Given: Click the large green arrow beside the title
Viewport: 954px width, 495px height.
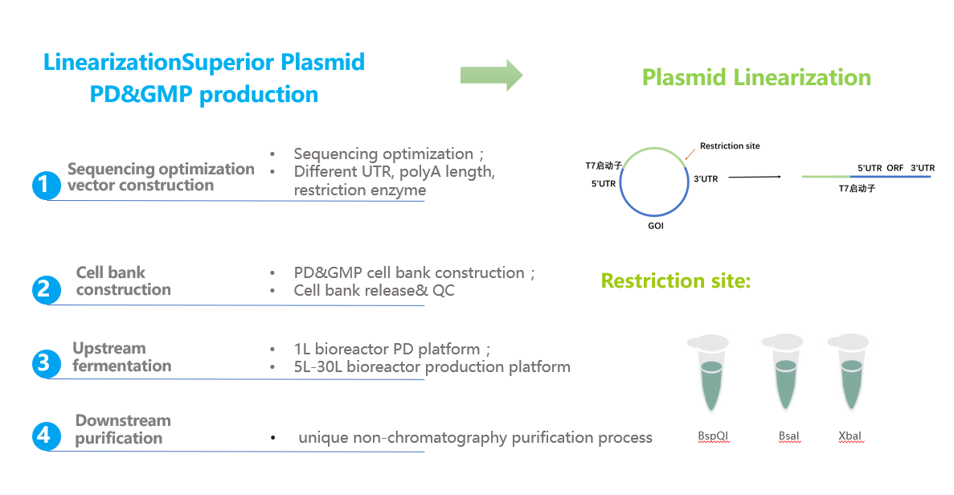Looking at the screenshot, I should tap(491, 75).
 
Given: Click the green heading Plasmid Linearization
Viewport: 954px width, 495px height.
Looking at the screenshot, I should tap(756, 78).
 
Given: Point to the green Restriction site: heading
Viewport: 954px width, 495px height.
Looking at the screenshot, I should tap(676, 281).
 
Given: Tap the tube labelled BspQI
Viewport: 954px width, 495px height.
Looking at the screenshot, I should tap(712, 377).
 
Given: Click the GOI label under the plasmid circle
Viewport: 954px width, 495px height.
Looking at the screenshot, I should tap(656, 227).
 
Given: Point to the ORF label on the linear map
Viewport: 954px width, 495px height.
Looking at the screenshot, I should tap(895, 168).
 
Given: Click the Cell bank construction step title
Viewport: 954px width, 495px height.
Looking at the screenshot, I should tap(123, 281).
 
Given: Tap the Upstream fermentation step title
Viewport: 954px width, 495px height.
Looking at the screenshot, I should tap(121, 357).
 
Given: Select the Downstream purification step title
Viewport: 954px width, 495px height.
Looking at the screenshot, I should tap(122, 429).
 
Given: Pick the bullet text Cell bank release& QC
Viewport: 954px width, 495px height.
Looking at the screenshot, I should tap(374, 290).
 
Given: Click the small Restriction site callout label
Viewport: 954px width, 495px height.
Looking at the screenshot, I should tap(730, 146).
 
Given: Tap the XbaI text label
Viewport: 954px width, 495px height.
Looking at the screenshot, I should tap(850, 436).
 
